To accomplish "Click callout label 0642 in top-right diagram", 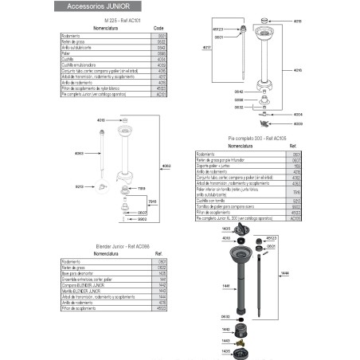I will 238,91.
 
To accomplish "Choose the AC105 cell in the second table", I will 295,217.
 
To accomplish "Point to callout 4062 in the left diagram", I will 167,166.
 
